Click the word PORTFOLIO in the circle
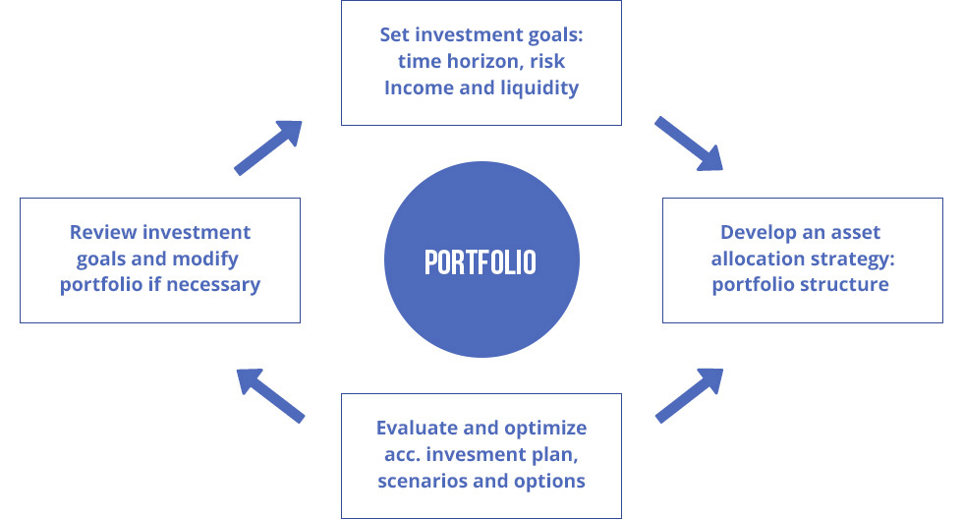[481, 262]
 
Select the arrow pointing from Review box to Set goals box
[268, 147]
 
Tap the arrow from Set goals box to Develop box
[689, 144]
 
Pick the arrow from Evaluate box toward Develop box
[689, 395]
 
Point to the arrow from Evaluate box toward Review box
[270, 395]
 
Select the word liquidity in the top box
[539, 88]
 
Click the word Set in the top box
[394, 34]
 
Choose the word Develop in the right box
[758, 233]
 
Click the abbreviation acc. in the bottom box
[402, 455]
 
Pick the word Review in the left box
[103, 232]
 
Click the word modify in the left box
[205, 259]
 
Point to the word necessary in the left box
[213, 285]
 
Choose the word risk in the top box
[547, 61]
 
